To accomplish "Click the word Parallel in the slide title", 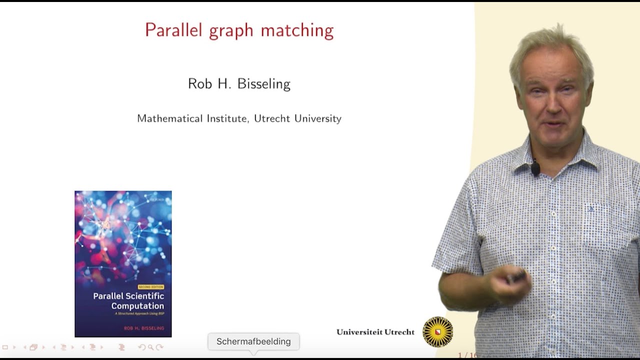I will pyautogui.click(x=173, y=30).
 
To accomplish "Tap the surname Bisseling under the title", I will pyautogui.click(x=264, y=84).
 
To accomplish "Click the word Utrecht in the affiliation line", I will pyautogui.click(x=272, y=118).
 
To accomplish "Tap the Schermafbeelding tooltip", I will pyautogui.click(x=253, y=341).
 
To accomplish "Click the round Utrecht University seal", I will pyautogui.click(x=437, y=331).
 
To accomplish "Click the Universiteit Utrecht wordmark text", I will pyautogui.click(x=375, y=332).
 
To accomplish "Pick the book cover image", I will pyautogui.click(x=123, y=263).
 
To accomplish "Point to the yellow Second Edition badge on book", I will pyautogui.click(x=150, y=287).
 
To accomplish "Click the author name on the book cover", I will pyautogui.click(x=140, y=328).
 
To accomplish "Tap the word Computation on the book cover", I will pyautogui.click(x=137, y=306).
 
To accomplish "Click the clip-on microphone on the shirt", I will pyautogui.click(x=535, y=168).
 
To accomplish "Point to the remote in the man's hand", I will pyautogui.click(x=515, y=276).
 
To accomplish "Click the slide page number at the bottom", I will pyautogui.click(x=467, y=355).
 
